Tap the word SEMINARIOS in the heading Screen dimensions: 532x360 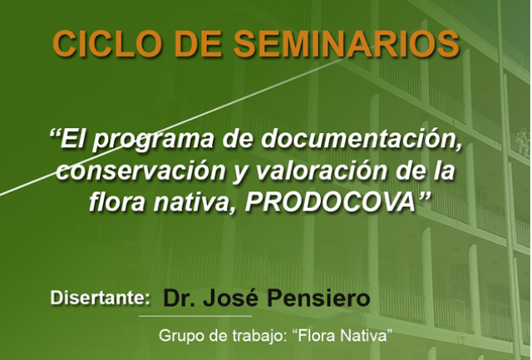click(x=347, y=44)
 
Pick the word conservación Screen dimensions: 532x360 click(x=141, y=170)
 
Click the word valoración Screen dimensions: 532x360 click(x=320, y=170)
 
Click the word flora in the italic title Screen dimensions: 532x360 click(x=116, y=202)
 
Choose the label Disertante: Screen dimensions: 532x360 click(x=100, y=298)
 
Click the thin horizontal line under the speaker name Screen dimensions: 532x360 click(x=195, y=316)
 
